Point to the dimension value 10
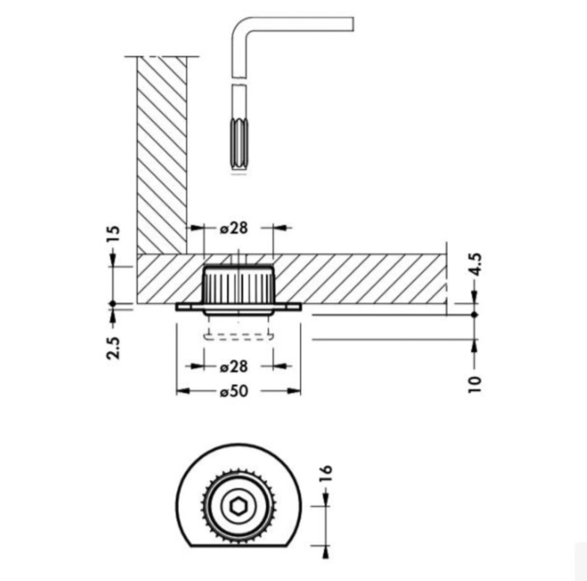click(475, 383)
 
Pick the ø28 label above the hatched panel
click(234, 228)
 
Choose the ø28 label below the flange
click(234, 366)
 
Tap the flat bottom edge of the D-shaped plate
click(237, 547)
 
